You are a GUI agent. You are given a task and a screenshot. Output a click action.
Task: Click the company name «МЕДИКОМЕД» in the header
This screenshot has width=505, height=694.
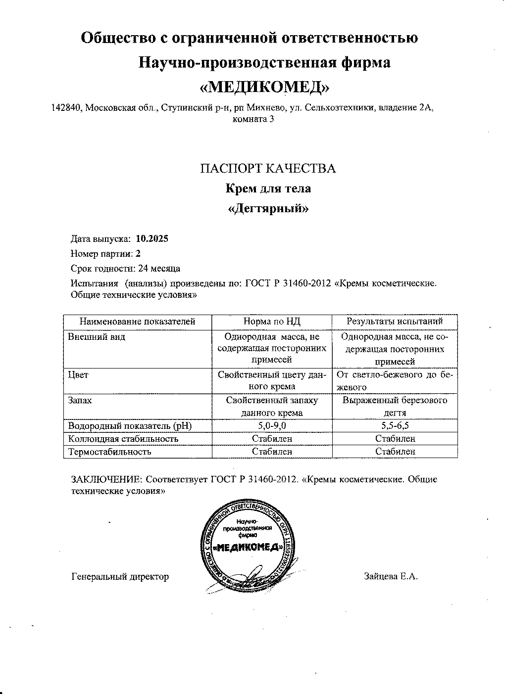(263, 87)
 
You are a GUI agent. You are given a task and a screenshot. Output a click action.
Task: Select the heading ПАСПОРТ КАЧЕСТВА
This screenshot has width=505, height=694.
(268, 169)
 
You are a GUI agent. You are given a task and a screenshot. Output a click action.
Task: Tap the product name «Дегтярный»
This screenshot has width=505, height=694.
(268, 208)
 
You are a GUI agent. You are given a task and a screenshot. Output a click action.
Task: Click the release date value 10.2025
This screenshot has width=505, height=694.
(151, 239)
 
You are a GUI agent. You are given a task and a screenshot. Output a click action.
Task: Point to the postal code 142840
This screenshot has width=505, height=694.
(67, 108)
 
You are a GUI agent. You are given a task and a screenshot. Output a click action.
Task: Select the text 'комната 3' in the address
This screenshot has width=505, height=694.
(252, 119)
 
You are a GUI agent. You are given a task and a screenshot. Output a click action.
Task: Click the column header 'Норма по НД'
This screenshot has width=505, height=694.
(272, 322)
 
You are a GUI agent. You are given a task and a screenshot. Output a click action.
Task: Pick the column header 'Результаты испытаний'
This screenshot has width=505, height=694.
(395, 322)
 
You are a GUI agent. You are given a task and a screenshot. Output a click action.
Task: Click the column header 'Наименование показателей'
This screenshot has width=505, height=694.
(138, 322)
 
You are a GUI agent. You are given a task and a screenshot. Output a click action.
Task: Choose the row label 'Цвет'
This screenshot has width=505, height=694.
(78, 375)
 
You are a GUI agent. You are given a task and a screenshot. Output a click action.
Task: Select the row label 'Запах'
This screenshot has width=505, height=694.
(80, 400)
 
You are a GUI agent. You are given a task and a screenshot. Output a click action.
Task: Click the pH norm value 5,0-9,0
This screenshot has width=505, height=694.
(272, 425)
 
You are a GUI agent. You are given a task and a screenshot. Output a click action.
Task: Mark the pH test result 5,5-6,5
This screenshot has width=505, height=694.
(395, 425)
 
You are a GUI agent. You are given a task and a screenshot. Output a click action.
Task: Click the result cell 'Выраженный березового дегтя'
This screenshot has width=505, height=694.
(395, 406)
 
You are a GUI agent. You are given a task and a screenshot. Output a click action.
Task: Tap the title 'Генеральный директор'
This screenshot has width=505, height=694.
(120, 576)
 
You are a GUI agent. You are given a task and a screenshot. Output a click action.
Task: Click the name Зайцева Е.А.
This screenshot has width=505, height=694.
(391, 576)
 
